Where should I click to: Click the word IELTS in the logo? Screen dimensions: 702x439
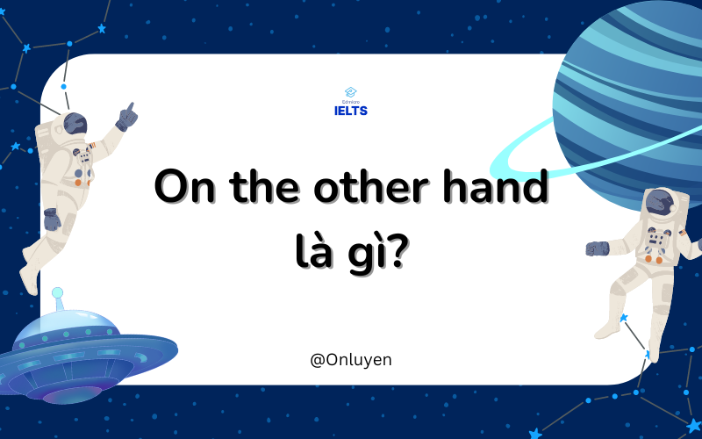[x=350, y=111]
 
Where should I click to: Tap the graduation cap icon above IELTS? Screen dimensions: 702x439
[x=350, y=92]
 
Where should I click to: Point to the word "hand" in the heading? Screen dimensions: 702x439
[x=496, y=185]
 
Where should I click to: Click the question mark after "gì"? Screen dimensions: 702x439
[x=398, y=250]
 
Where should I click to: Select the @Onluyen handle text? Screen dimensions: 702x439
[x=350, y=360]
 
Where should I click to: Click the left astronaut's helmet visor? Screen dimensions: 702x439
[x=75, y=123]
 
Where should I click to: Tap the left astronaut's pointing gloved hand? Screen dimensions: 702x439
[x=126, y=118]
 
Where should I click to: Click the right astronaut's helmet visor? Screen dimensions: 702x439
[x=661, y=202]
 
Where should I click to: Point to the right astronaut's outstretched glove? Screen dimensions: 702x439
[x=598, y=248]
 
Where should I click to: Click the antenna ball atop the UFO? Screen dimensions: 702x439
[x=57, y=293]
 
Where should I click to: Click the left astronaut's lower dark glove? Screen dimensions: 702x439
[x=52, y=219]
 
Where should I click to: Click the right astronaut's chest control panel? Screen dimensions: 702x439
[x=655, y=240]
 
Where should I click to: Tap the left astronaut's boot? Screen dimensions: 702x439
[x=28, y=280]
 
